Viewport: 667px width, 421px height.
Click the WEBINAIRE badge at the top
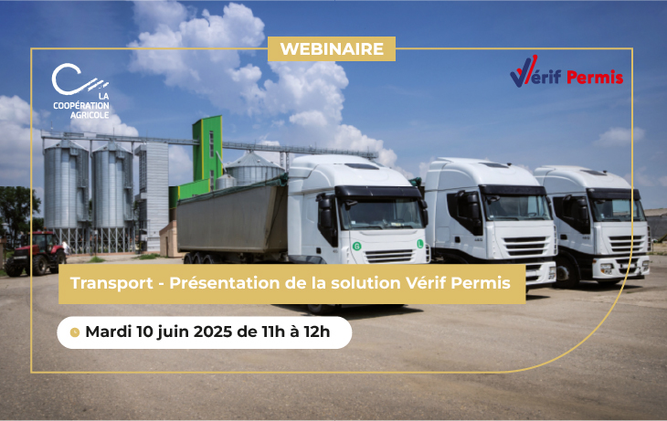click(332, 49)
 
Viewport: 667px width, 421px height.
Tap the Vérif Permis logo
click(566, 74)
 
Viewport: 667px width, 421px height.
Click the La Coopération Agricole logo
click(79, 92)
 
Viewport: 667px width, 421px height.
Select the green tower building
click(207, 155)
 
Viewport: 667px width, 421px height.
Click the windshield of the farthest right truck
click(617, 208)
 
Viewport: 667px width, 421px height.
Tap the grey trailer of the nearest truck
click(232, 219)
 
